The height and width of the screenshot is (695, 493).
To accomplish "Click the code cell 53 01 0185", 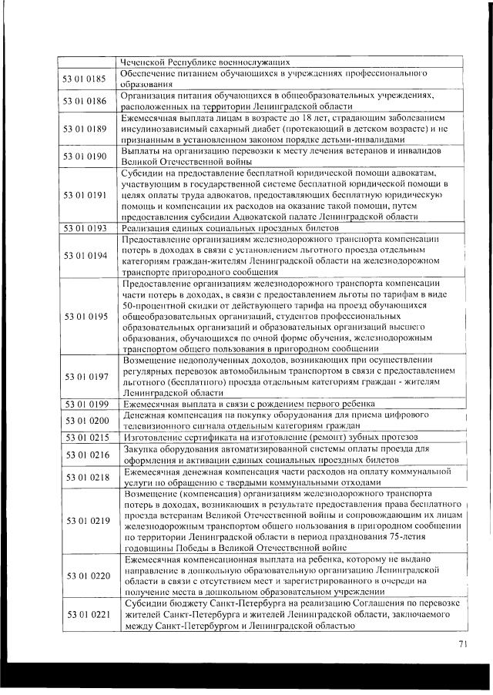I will click(86, 78).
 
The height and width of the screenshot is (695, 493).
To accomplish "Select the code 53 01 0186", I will click(86, 100).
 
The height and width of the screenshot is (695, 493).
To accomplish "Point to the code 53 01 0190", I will click(86, 156).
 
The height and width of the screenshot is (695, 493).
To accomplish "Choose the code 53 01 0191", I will click(86, 196).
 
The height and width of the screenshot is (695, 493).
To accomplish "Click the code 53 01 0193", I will click(86, 229).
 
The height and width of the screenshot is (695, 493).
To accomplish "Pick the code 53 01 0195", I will click(86, 316).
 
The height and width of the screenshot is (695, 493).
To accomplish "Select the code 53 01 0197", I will click(86, 376).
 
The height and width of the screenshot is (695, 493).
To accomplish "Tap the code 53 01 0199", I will click(86, 404).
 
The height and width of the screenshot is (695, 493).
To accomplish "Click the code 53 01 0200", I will click(86, 421).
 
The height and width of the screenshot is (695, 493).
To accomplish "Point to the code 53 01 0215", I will click(86, 437).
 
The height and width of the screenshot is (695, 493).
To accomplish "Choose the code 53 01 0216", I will click(86, 455).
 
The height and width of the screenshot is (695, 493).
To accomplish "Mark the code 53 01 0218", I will click(86, 476).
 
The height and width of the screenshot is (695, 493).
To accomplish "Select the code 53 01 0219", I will click(86, 521).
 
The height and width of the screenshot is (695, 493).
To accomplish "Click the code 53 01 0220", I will click(86, 575).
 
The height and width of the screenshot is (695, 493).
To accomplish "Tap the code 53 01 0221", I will click(86, 614).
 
